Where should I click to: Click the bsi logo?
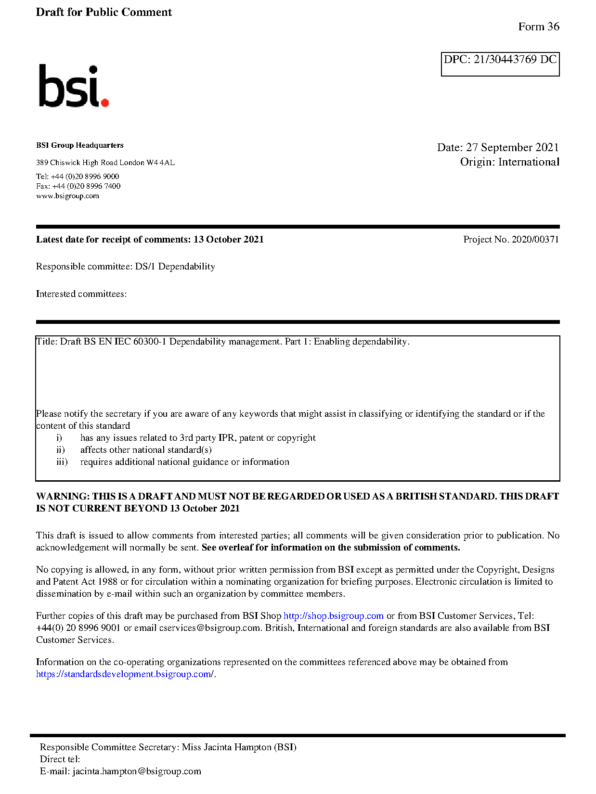tap(73, 87)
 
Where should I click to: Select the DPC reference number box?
tap(500, 64)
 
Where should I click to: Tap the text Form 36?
tap(538, 27)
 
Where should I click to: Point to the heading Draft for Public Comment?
tap(104, 12)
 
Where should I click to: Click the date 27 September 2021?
tap(512, 147)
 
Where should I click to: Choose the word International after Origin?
tap(529, 162)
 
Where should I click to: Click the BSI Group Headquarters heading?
tap(80, 145)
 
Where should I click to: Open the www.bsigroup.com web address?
tap(67, 196)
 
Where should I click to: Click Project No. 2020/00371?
tap(511, 240)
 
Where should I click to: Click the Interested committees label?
tap(81, 294)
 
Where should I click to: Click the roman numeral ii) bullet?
tap(61, 450)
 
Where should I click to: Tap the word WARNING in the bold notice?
tap(63, 497)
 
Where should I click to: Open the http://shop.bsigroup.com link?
tap(333, 616)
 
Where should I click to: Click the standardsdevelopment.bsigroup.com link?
tap(125, 674)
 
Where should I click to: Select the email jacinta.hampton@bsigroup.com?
tap(137, 771)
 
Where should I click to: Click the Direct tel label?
tap(60, 759)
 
